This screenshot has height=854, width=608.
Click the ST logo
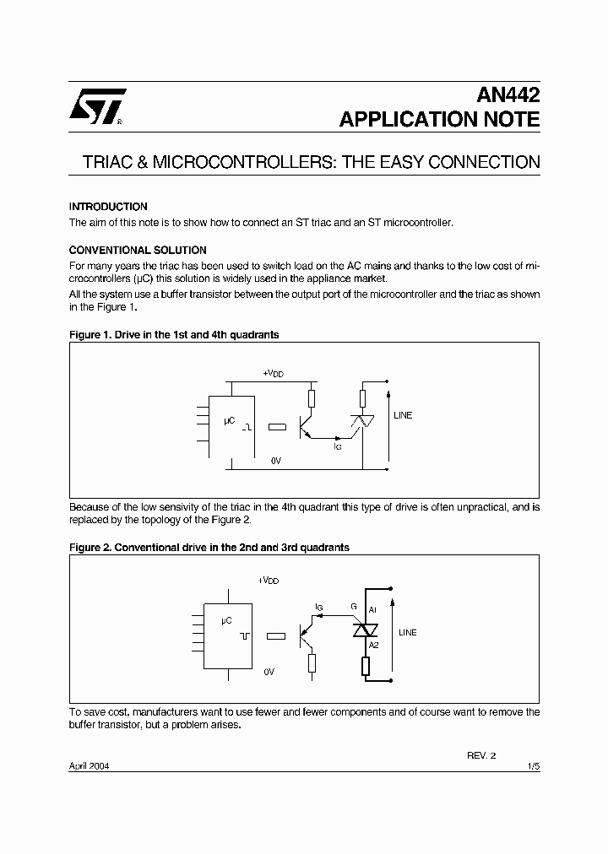coord(97,106)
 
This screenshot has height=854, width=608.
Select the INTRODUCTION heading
coord(108,207)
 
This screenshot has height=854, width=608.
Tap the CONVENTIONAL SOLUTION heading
coord(138,251)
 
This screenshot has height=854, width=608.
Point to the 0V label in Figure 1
coord(275,461)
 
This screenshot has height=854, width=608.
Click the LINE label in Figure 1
coord(403,415)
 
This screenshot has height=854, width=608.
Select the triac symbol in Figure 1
coord(362,422)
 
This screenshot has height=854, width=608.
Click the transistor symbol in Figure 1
coord(305,426)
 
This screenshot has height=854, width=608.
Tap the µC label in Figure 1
coord(229,419)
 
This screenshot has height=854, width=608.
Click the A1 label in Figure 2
coord(373,608)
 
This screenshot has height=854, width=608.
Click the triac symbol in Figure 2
coord(365,629)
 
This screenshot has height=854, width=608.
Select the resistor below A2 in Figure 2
coord(365,666)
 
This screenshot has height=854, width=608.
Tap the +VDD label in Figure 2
coord(268,581)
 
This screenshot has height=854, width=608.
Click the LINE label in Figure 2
coord(407,632)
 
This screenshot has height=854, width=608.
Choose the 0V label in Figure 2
coord(269,672)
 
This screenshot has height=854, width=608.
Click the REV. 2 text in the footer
coord(482,755)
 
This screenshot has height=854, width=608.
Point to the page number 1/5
coord(533,766)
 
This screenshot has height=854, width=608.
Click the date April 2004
coord(89,766)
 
